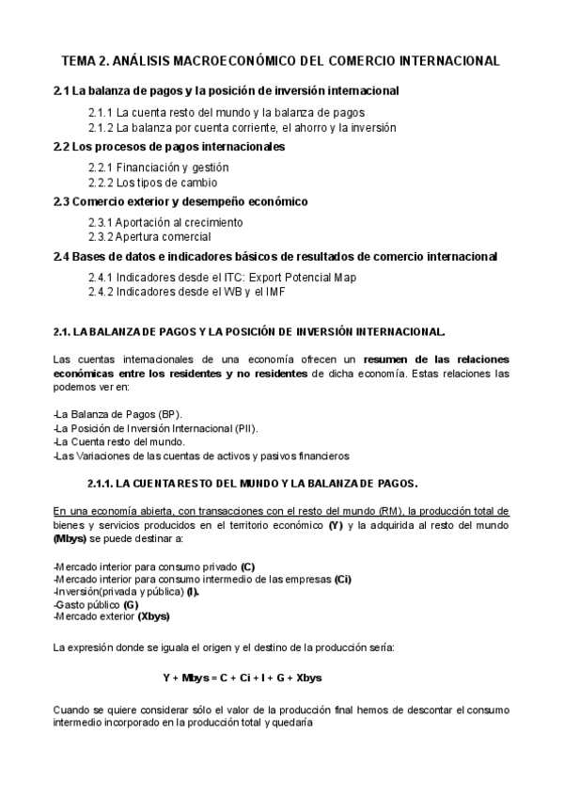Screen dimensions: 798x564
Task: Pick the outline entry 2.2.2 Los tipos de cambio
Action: pyautogui.click(x=152, y=183)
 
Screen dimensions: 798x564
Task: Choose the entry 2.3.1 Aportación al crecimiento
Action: pyautogui.click(x=165, y=223)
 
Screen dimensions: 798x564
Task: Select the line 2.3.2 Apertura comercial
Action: pyautogui.click(x=150, y=237)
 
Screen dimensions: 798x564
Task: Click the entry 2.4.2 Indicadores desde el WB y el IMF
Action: pyautogui.click(x=186, y=292)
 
